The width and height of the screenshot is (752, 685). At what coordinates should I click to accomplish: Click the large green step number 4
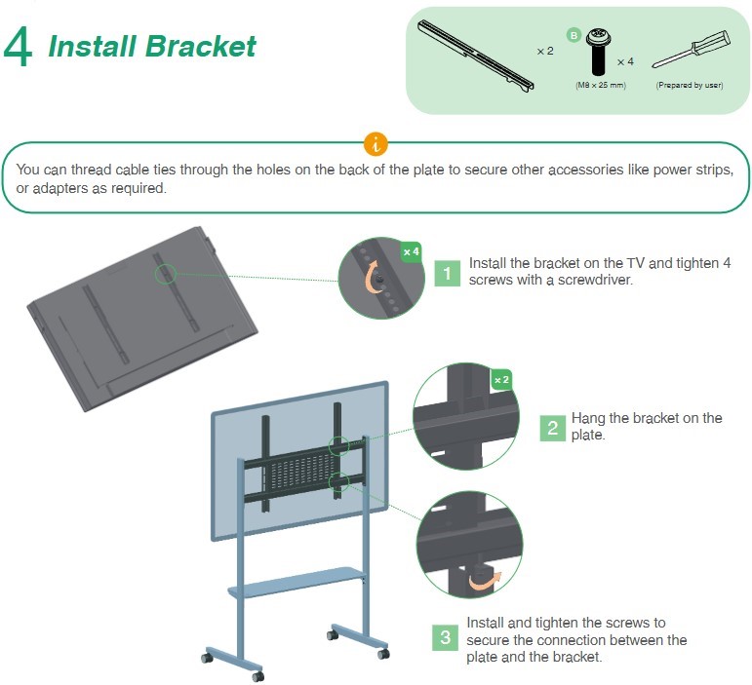[x=20, y=46]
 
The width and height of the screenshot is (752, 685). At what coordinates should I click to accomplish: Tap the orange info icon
[x=376, y=145]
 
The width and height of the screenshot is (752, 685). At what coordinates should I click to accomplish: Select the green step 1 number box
[x=447, y=273]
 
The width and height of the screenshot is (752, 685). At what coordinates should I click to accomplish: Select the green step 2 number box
[x=552, y=427]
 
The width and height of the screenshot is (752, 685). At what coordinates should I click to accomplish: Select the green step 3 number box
[x=445, y=638]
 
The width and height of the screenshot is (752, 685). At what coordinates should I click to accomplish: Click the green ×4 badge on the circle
[x=412, y=251]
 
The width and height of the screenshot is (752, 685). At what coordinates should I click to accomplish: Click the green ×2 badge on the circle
[x=501, y=379]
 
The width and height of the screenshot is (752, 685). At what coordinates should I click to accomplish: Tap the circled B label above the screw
[x=574, y=35]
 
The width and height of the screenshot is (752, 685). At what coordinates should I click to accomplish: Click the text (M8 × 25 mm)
[x=600, y=86]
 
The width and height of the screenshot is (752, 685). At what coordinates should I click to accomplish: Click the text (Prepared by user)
[x=689, y=86]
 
